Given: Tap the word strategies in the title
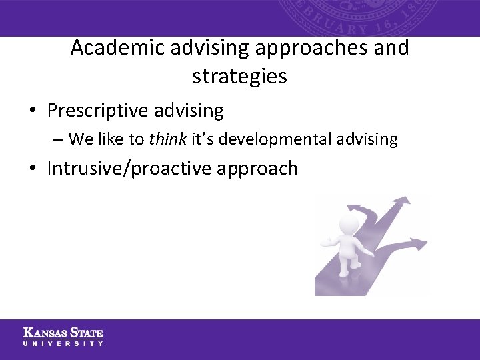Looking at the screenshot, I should (x=239, y=77).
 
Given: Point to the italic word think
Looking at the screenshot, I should (x=167, y=139).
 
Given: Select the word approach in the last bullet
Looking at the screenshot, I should (x=257, y=168).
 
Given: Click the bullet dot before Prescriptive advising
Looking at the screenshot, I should (x=35, y=110).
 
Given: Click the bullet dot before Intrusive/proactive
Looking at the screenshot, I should (x=35, y=169).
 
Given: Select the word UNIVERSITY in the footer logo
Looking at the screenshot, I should (x=63, y=343).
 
